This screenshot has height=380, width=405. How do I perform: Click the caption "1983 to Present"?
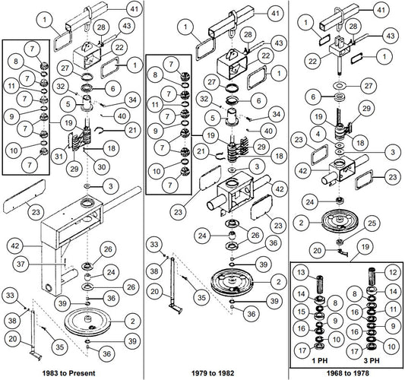[68, 373]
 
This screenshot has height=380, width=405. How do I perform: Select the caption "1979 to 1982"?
[213, 373]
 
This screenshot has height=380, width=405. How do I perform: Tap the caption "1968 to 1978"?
[348, 373]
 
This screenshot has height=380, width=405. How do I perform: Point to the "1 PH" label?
[320, 360]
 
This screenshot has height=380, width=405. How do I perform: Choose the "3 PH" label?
[372, 360]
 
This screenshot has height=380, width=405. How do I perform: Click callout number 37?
[21, 264]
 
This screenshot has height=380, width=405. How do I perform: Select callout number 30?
[102, 167]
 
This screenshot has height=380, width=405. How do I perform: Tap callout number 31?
[59, 156]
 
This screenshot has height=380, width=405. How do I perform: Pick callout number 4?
[318, 135]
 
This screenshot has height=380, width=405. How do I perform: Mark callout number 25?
[371, 223]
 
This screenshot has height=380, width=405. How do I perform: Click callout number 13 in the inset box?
[301, 272]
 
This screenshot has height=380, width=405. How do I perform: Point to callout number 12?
[393, 271]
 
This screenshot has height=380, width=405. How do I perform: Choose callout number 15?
[301, 312]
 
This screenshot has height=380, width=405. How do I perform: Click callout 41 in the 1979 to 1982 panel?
[275, 13]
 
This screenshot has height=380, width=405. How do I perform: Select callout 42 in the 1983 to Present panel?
[15, 245]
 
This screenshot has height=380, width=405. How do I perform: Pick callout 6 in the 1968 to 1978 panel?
[313, 97]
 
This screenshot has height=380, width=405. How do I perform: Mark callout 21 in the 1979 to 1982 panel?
[201, 151]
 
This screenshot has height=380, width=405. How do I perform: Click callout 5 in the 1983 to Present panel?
[68, 104]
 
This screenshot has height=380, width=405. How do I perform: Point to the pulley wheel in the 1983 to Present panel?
[87, 321]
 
